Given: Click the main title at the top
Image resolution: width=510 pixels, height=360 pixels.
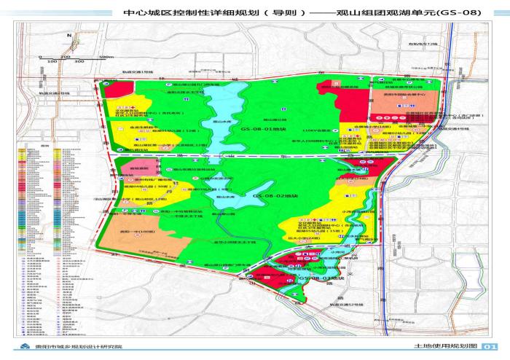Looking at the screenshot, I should pos(255,12).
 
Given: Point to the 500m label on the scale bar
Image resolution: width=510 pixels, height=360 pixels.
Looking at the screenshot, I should pos(108,56).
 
